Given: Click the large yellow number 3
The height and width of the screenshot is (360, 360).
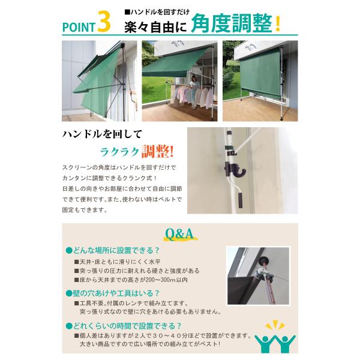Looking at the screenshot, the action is (x=104, y=22).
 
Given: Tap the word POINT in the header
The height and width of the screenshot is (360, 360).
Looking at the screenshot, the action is (x=79, y=27).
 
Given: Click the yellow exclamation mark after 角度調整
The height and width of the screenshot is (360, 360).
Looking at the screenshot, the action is (x=278, y=24).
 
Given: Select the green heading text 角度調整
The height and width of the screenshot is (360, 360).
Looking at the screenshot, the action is (x=232, y=23).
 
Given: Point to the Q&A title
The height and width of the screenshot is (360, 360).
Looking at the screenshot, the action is (x=179, y=234).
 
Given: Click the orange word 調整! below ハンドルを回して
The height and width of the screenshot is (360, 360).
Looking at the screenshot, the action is (x=157, y=152).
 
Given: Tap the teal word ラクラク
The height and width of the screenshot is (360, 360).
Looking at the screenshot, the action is (x=119, y=152).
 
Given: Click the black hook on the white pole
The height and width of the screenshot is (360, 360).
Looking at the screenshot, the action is (x=235, y=170).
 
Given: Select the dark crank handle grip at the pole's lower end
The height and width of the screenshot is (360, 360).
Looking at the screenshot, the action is (x=240, y=200).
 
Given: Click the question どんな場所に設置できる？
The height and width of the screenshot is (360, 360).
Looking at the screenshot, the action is (x=113, y=250).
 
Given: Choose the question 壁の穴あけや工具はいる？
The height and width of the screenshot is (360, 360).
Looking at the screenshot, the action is (x=113, y=293).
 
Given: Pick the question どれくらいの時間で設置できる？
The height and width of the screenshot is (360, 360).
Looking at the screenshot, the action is (x=124, y=326).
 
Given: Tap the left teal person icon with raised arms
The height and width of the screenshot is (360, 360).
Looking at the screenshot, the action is (x=265, y=344).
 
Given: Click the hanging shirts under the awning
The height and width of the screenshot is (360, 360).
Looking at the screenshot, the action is (x=192, y=97).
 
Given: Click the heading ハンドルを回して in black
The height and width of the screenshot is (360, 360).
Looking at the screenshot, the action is (x=102, y=134).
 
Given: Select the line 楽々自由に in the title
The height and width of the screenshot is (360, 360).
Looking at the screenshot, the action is (x=155, y=28).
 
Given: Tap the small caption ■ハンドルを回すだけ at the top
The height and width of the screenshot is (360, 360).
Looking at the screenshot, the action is (x=157, y=12).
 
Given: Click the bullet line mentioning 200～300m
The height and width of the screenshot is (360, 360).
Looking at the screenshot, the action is (x=131, y=280).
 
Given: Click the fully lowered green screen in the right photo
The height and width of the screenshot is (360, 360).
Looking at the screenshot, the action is (x=260, y=76).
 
